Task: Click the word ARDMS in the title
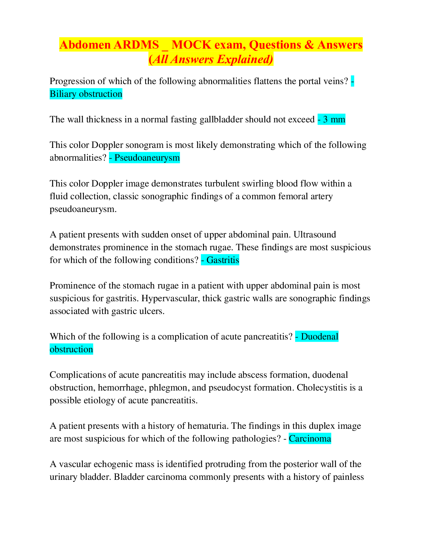pos(136,45)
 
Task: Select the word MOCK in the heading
pos(192,45)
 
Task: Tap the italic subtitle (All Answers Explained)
pos(211,59)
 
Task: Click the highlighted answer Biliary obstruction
pos(86,94)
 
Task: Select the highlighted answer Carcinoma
pos(310,438)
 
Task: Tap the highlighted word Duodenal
pos(320,336)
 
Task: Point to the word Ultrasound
pos(315,234)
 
